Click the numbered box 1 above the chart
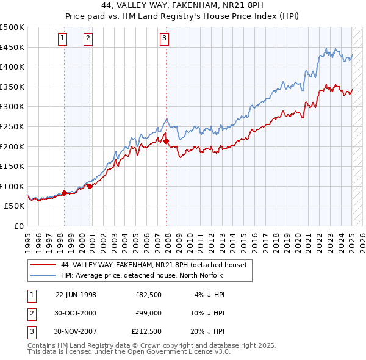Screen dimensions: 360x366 [x=63, y=38]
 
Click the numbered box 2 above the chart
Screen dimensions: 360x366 [x=88, y=38]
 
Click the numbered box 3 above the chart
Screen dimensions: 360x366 [x=165, y=38]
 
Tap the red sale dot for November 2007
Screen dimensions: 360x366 [x=166, y=142]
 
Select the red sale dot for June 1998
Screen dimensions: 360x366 [x=64, y=193]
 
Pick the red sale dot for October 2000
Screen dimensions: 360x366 [x=90, y=187]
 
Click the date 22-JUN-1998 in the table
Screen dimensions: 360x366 [x=76, y=295]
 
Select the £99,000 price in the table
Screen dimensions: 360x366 [x=148, y=313]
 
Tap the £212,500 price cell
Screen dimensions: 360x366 [x=146, y=331]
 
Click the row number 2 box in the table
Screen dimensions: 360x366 [x=31, y=313]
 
